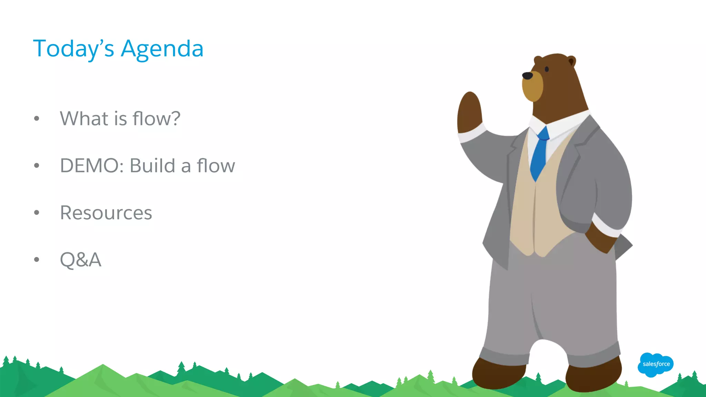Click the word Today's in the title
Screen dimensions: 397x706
coord(73,49)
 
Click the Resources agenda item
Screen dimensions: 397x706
coord(106,213)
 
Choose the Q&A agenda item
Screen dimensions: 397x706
coord(81,259)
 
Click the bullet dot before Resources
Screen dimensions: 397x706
coord(37,213)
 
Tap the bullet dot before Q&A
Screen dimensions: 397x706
coord(37,259)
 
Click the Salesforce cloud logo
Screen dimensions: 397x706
coord(656,364)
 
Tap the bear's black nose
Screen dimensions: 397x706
coord(527,75)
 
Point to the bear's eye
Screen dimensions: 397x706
coord(547,69)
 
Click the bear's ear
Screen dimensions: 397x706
coord(571,62)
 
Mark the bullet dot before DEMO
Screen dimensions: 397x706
coord(37,166)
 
